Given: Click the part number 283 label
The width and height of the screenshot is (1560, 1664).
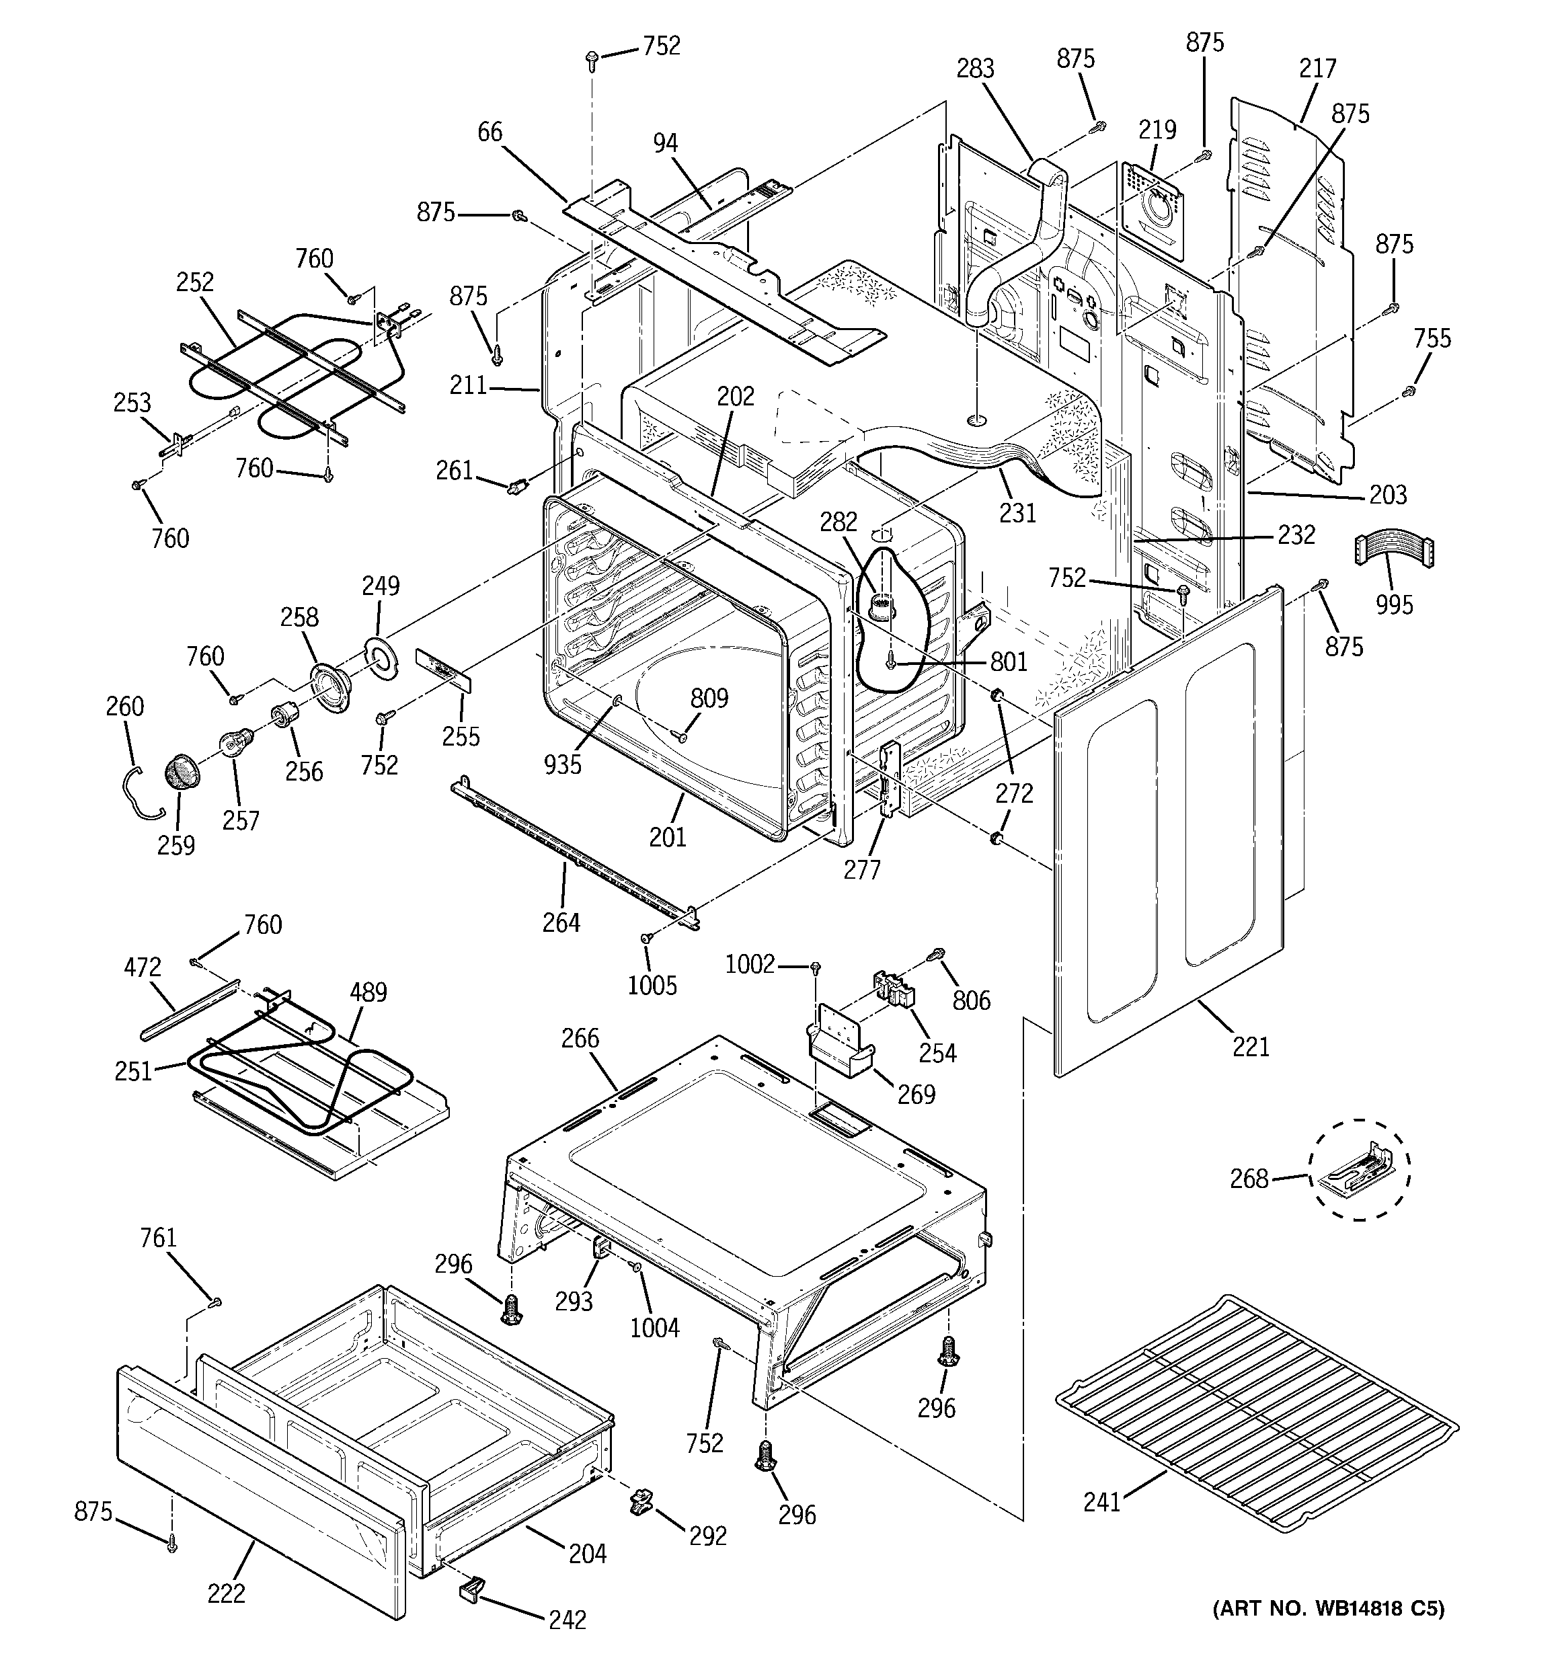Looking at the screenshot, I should (x=976, y=68).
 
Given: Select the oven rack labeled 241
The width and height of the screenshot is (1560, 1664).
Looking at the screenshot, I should (x=1256, y=1415).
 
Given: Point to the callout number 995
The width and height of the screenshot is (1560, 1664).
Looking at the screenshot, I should (x=1393, y=604).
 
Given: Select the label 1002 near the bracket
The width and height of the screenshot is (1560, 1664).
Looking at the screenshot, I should (x=750, y=965).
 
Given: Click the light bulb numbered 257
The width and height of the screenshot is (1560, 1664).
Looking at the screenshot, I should (x=231, y=744).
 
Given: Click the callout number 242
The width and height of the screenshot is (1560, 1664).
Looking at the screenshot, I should (x=567, y=1620).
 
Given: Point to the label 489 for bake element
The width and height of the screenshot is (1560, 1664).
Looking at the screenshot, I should (x=368, y=993).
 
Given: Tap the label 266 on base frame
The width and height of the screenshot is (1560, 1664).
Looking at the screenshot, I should (x=580, y=1038).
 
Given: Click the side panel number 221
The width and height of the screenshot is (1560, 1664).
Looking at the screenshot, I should (x=1250, y=1046).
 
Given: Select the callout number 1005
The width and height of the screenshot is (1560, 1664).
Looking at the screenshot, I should (x=652, y=985).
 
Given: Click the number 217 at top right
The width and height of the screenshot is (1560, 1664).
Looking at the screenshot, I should (x=1317, y=68).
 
